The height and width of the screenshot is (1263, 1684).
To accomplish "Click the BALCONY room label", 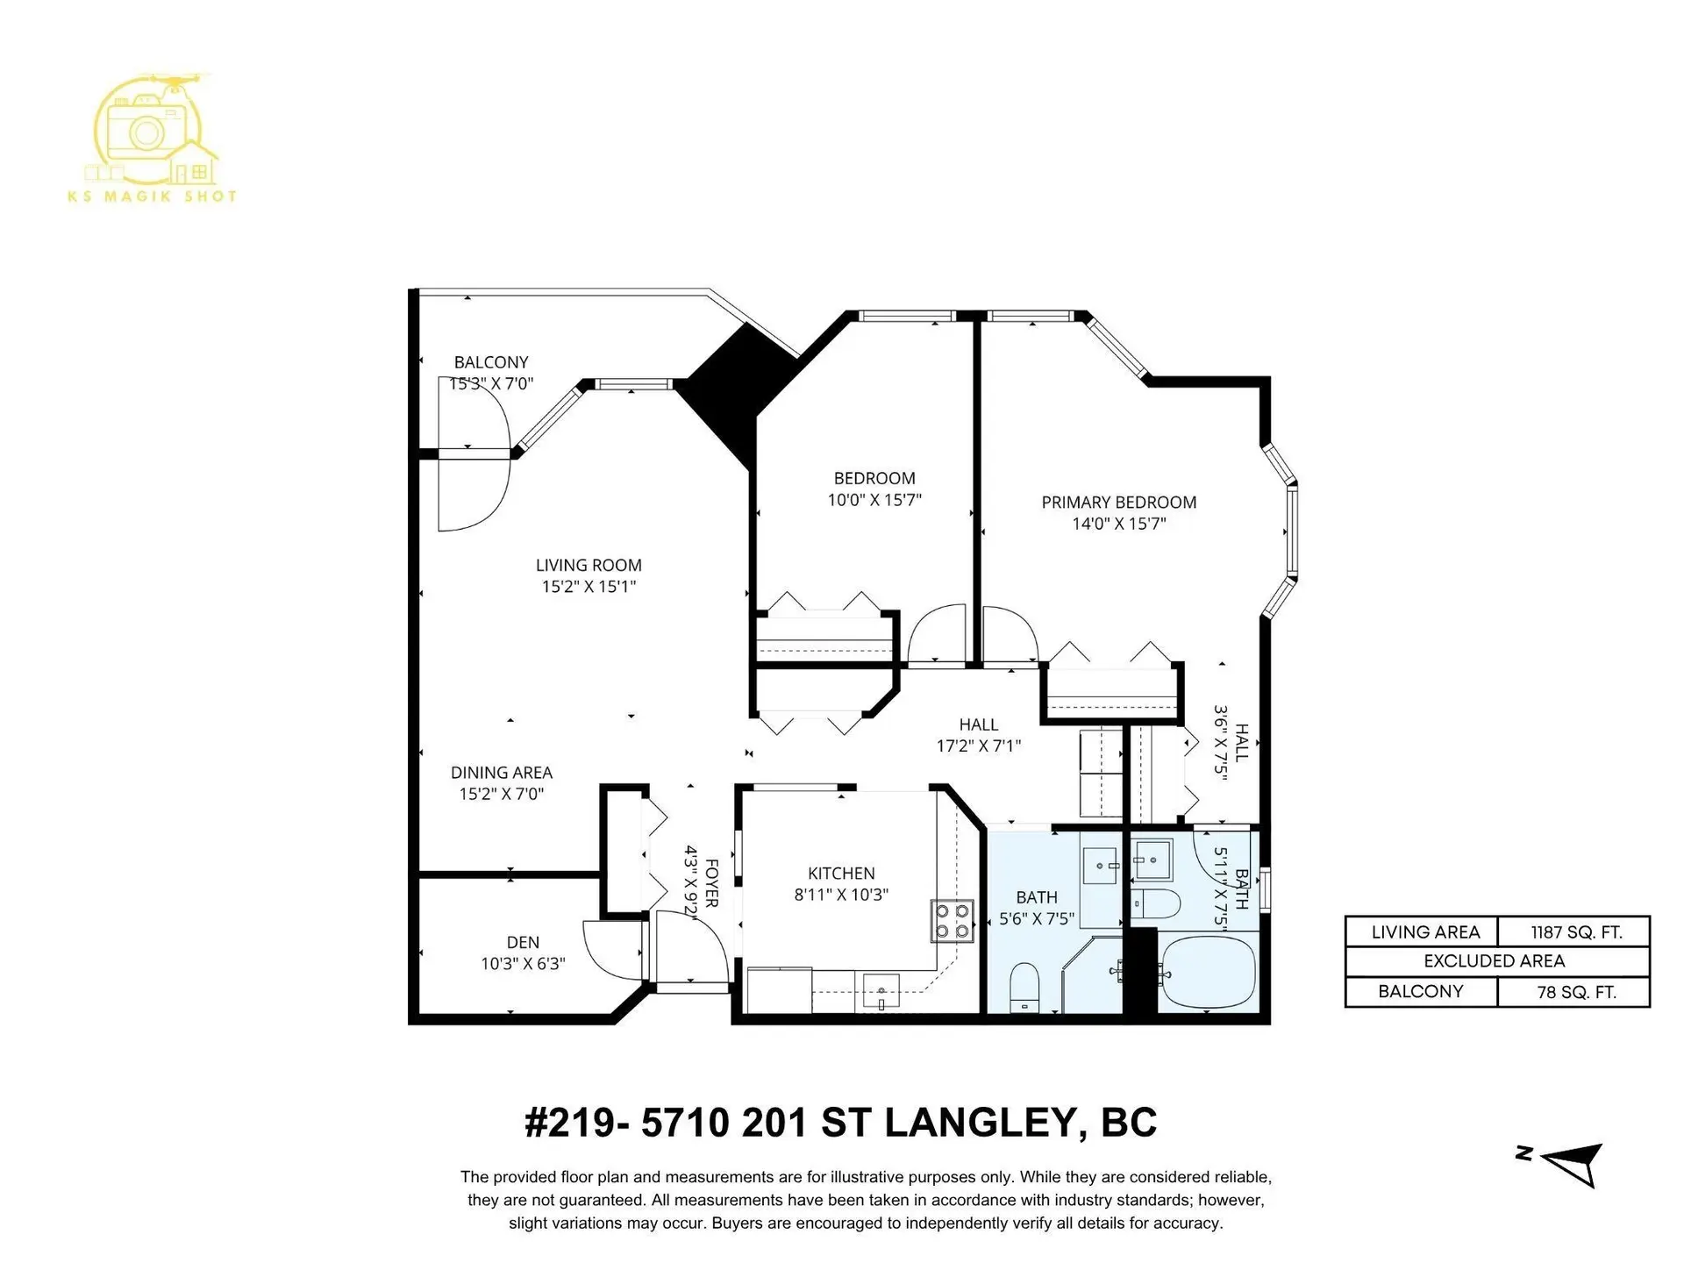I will click(490, 362).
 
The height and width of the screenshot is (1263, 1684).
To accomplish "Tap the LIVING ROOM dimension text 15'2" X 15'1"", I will click(589, 587).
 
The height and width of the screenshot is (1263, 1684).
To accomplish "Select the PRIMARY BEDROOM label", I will click(1118, 503).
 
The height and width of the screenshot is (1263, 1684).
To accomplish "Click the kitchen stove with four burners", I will click(953, 921).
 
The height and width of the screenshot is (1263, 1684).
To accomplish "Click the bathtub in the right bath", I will click(1207, 970).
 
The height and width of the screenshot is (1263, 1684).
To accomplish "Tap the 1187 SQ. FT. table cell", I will click(1575, 932).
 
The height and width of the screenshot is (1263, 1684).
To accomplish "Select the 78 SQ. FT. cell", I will click(1575, 992).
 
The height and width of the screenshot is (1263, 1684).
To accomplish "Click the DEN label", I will click(523, 943).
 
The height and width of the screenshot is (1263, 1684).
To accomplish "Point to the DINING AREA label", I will click(502, 773).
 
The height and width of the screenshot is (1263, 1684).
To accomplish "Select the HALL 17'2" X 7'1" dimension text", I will click(978, 746).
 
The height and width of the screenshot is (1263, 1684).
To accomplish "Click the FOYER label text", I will click(711, 883).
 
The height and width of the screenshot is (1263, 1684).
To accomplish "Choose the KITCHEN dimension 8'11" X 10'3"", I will click(841, 895).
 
